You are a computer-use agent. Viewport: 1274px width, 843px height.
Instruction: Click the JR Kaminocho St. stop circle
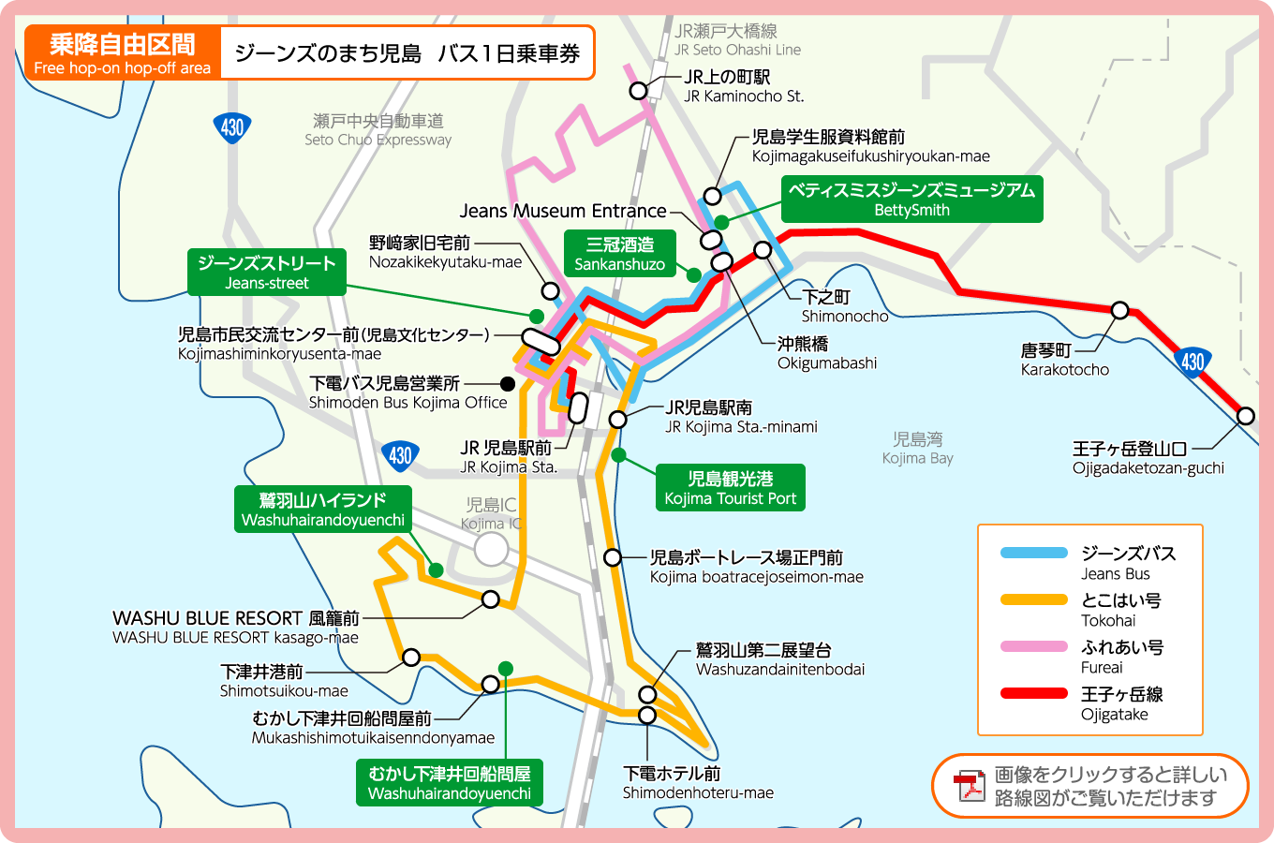pos(638,90)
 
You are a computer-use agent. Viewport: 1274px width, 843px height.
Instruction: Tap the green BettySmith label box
pos(911,200)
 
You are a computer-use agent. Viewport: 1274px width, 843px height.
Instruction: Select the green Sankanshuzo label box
pos(619,254)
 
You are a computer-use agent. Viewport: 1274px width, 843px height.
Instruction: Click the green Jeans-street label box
pos(266,272)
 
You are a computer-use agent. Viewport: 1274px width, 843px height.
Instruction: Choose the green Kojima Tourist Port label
pos(730,488)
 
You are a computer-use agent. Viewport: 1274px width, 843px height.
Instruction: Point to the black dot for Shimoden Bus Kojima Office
pos(508,383)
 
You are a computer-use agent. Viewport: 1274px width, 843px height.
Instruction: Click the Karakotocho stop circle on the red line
pos(1119,310)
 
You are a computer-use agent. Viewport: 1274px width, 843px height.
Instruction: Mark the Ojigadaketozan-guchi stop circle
pos(1245,416)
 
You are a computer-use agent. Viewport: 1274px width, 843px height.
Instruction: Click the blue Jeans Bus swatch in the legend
pos(1033,553)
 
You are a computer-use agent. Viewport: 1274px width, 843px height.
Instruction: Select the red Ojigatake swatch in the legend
pos(1033,693)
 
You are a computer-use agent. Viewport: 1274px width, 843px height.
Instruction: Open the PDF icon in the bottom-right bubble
pos(969,787)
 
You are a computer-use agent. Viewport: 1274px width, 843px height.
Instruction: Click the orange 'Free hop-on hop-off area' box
pos(123,53)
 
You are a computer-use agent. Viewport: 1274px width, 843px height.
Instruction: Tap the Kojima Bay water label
pos(917,449)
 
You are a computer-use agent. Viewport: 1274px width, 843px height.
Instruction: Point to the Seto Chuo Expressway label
pos(378,130)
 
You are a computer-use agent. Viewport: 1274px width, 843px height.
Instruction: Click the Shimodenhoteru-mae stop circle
pos(647,716)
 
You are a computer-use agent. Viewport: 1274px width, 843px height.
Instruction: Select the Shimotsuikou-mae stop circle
pos(410,658)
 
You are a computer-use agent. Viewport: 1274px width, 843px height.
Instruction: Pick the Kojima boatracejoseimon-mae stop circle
pos(613,557)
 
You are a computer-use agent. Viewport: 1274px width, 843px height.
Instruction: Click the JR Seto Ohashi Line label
pos(737,40)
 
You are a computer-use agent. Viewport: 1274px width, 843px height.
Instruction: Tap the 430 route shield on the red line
pos(1193,361)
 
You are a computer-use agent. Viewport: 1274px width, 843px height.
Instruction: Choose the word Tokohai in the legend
pos(1108,620)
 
